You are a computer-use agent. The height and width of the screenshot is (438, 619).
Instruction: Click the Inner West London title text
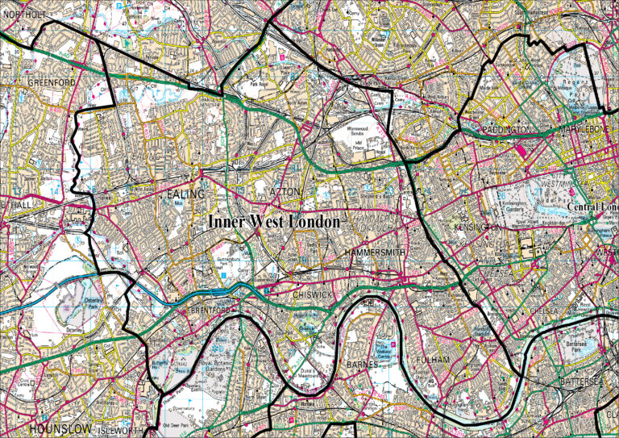[x=273, y=222]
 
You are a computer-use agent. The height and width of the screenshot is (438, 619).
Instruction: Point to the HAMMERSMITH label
[x=372, y=253]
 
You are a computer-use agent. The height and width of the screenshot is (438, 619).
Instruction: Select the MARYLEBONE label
[x=586, y=129]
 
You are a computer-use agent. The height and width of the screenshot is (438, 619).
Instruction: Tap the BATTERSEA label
[x=583, y=380]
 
